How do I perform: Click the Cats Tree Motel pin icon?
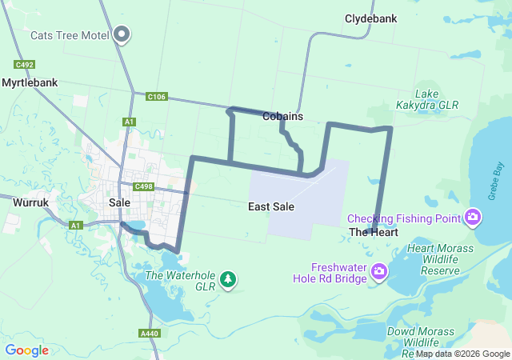pyautogui.click(x=122, y=34)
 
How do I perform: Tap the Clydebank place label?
pyautogui.click(x=371, y=18)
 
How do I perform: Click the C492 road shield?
pyautogui.click(x=24, y=65)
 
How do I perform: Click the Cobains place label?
pyautogui.click(x=282, y=116)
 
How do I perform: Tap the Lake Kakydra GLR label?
pyautogui.click(x=427, y=99)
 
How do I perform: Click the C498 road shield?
pyautogui.click(x=144, y=186)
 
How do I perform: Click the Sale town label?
pyautogui.click(x=119, y=203)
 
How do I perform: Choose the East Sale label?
pyautogui.click(x=271, y=206)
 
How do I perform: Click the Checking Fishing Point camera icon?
pyautogui.click(x=473, y=218)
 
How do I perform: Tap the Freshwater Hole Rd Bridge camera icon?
pyautogui.click(x=379, y=273)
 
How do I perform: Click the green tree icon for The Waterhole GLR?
pyautogui.click(x=230, y=279)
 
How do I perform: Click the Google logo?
pyautogui.click(x=27, y=350)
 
